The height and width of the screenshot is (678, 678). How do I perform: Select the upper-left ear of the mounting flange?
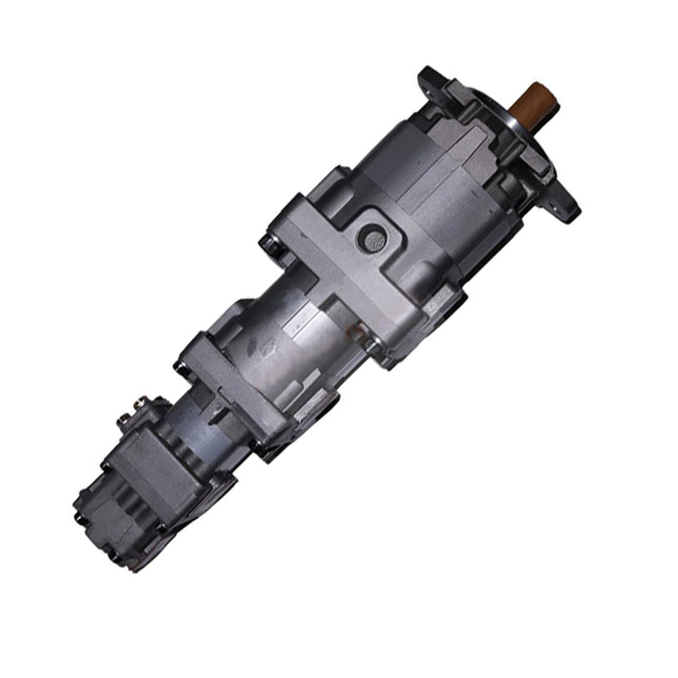pyautogui.click(x=431, y=76)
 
